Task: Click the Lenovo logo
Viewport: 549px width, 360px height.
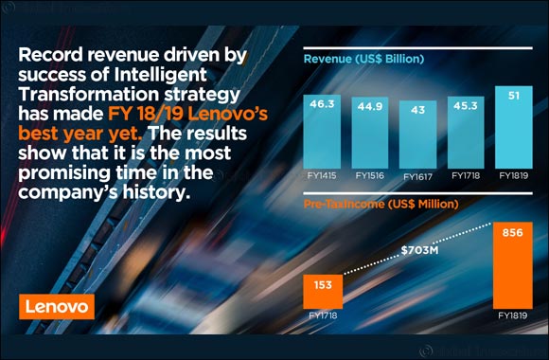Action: pos(52,306)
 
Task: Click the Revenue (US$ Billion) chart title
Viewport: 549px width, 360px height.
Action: pos(363,59)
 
